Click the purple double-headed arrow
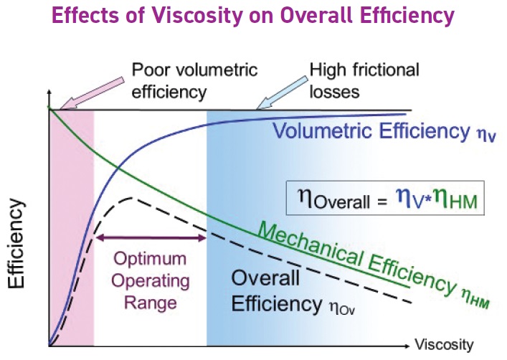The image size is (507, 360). pyautogui.click(x=151, y=236)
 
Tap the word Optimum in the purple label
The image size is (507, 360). pyautogui.click(x=151, y=258)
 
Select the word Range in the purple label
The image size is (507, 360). pyautogui.click(x=151, y=303)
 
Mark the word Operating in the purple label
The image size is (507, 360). pyautogui.click(x=151, y=280)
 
